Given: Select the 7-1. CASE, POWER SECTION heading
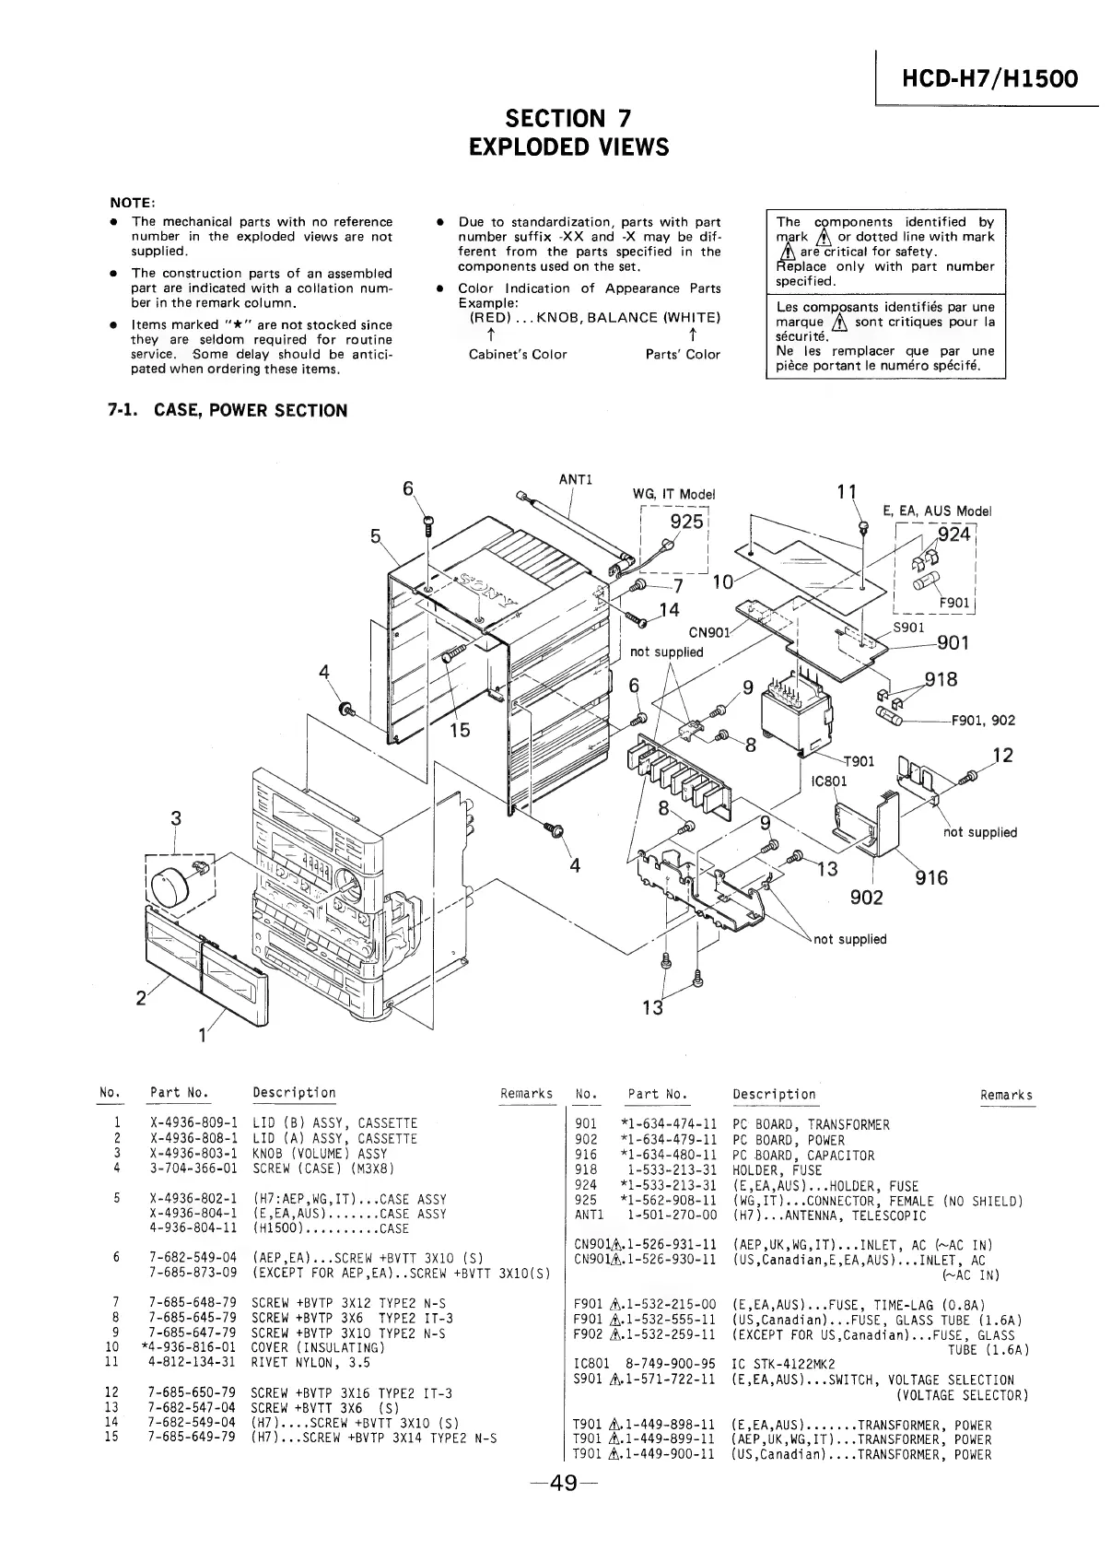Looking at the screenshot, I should click(228, 410).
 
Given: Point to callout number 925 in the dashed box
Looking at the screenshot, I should click(685, 522).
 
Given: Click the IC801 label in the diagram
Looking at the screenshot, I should click(828, 781).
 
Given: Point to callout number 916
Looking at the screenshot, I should click(930, 878).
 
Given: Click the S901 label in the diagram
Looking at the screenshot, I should click(908, 627).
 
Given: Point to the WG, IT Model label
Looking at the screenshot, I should click(673, 494).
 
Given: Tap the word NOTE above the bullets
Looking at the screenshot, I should click(133, 203).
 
